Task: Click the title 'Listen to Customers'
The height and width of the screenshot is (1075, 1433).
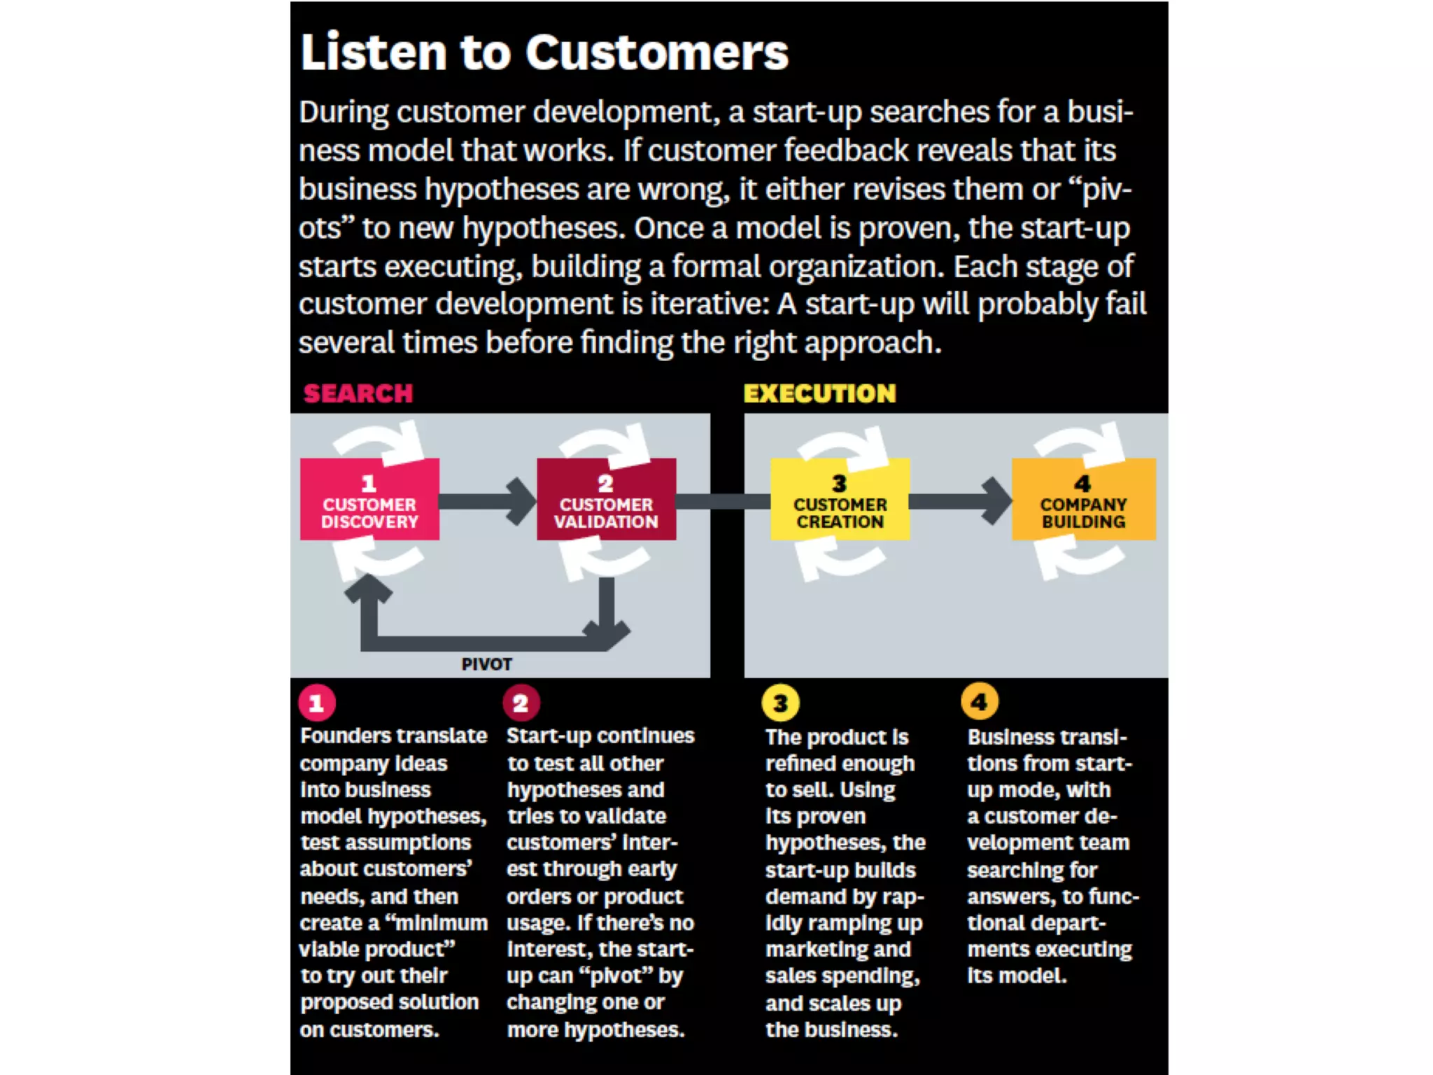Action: click(x=544, y=52)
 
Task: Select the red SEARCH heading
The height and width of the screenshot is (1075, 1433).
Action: click(x=358, y=393)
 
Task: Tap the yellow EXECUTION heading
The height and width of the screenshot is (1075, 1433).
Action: click(x=819, y=393)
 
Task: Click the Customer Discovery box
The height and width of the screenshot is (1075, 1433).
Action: click(x=369, y=500)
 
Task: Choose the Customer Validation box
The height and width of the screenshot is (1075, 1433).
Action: click(x=606, y=500)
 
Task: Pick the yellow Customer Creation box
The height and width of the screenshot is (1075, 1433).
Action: click(x=840, y=500)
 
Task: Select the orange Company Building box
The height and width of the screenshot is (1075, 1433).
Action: click(x=1083, y=500)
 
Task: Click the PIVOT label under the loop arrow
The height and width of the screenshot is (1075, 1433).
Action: click(x=486, y=664)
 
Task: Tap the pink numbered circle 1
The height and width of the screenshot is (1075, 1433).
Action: click(x=316, y=703)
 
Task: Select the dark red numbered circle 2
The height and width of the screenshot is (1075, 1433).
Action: click(x=521, y=703)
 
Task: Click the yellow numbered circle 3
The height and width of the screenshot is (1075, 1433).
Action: click(x=780, y=703)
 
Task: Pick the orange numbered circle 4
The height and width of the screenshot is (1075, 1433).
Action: click(x=979, y=701)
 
